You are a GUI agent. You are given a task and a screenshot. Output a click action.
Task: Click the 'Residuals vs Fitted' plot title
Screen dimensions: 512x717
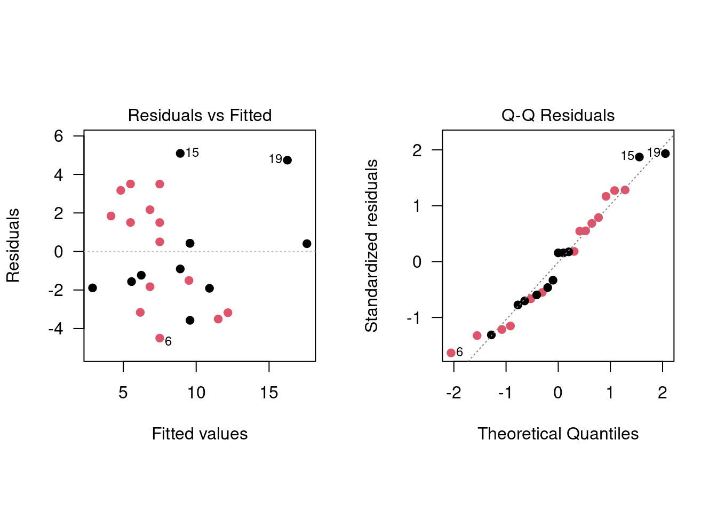(200, 115)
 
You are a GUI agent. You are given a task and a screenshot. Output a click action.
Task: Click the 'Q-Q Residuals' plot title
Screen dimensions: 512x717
(558, 115)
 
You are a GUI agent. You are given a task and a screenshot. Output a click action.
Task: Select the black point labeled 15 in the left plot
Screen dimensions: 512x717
(180, 154)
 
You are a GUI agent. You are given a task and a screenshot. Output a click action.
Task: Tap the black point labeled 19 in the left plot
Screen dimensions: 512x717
(288, 160)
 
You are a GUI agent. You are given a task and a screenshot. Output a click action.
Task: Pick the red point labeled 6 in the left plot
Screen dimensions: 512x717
(160, 338)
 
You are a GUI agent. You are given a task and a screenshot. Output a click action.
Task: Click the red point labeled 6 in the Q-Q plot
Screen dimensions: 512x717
(451, 353)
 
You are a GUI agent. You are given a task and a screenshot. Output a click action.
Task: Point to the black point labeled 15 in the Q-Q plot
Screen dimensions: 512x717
(639, 157)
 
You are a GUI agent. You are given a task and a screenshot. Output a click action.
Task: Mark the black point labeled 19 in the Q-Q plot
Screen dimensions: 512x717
(665, 154)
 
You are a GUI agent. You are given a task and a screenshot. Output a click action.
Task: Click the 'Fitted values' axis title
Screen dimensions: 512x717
(200, 434)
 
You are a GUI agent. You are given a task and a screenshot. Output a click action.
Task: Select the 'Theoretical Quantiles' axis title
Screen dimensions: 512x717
(558, 434)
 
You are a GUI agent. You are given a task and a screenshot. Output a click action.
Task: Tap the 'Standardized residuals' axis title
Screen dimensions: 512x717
(371, 245)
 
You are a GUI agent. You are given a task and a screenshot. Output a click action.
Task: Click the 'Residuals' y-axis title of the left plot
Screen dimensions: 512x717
(13, 245)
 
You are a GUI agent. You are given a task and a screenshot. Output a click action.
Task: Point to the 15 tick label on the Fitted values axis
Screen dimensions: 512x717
(269, 393)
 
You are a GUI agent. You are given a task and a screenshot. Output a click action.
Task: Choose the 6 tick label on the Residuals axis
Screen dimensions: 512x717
(59, 136)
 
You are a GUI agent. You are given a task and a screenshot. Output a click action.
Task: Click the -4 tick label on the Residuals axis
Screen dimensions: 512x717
(55, 329)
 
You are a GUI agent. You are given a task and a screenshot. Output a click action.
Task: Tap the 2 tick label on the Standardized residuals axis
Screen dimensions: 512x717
(417, 150)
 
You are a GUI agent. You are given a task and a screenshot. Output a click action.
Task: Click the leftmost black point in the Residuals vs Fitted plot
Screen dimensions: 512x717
(92, 288)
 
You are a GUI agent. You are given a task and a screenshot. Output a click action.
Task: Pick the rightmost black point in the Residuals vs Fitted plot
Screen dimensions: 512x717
(307, 244)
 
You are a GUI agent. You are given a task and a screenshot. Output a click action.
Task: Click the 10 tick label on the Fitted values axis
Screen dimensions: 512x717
(196, 393)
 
